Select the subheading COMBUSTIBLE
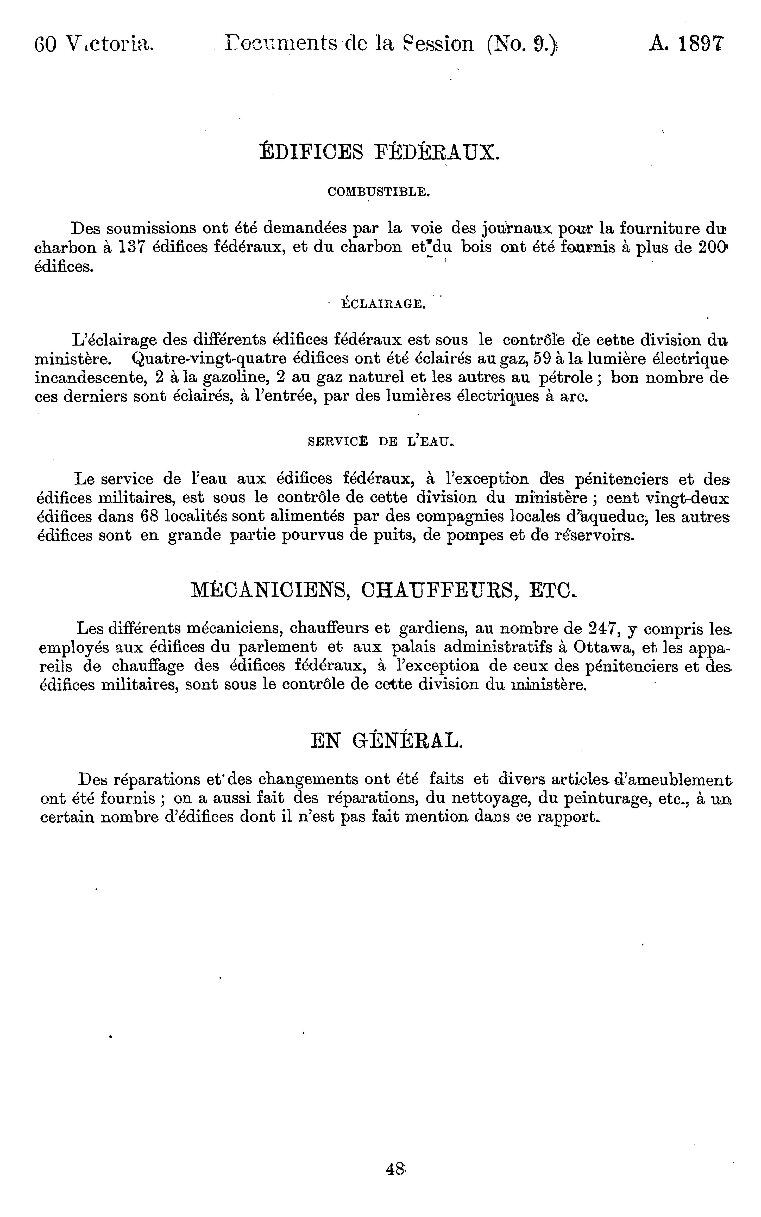[379, 192]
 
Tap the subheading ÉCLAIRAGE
[383, 304]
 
